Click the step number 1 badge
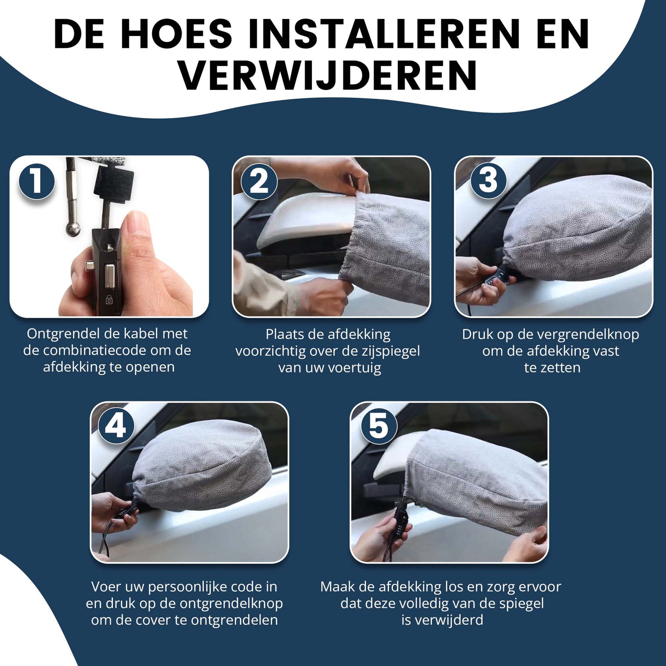(36, 182)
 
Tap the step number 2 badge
(259, 182)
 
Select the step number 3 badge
(488, 181)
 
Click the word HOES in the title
(177, 35)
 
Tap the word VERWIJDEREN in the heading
(329, 76)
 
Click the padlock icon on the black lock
(109, 299)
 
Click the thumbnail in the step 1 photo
(134, 229)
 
